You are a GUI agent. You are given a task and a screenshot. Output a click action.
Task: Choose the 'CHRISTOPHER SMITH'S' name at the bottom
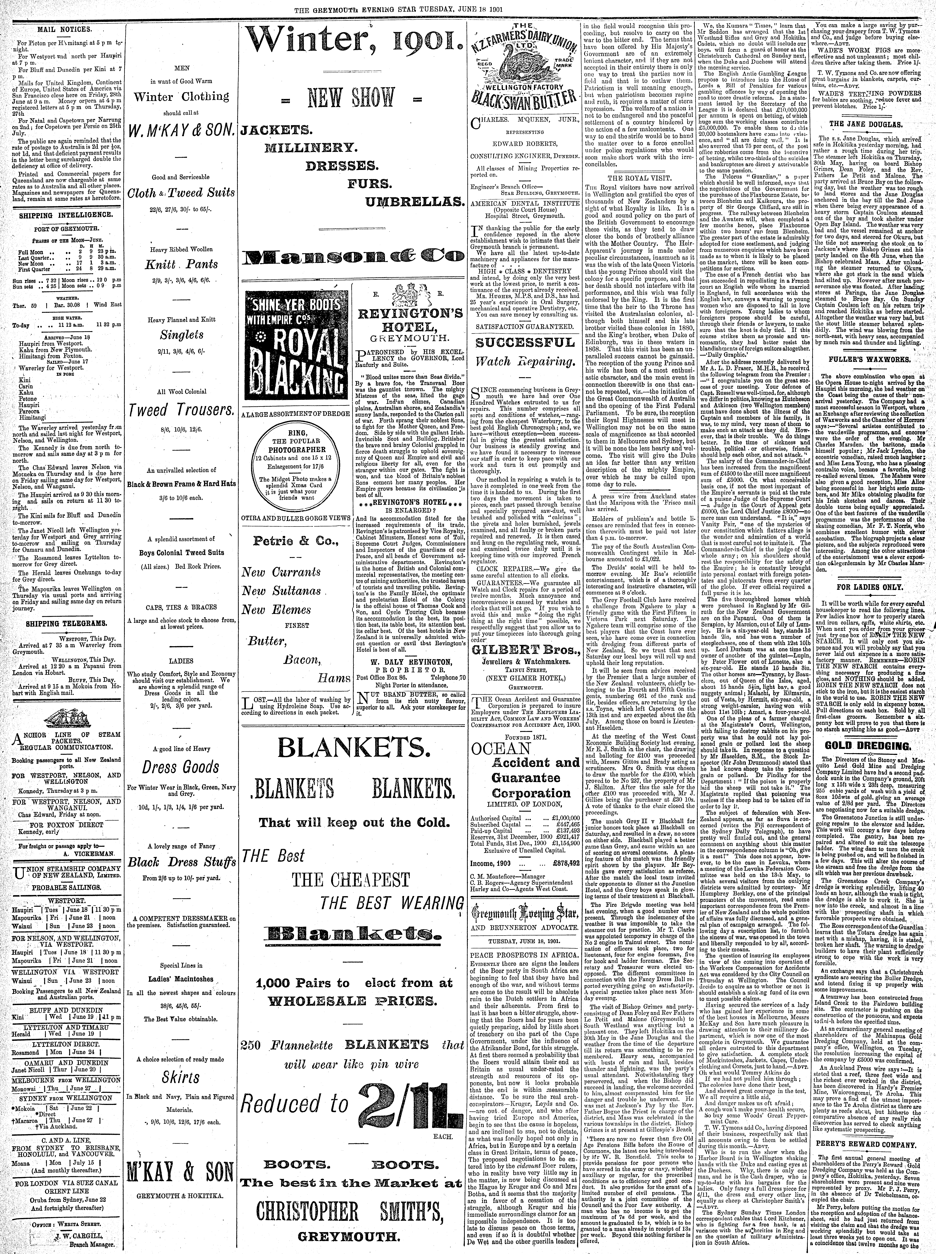click(350, 1209)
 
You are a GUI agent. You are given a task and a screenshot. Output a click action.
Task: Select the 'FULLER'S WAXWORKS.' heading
click(870, 359)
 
